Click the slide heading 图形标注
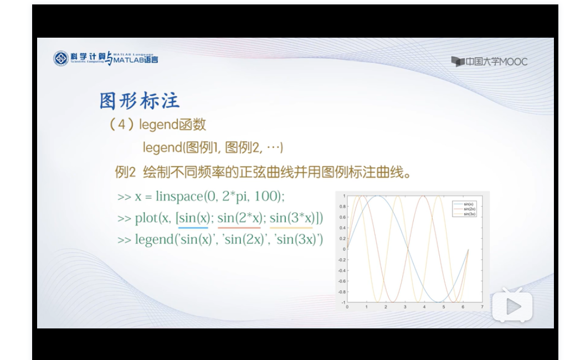coord(140,101)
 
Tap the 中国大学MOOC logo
coord(489,61)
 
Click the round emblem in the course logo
coord(61,59)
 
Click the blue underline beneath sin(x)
coord(193,227)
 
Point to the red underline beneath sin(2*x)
coord(239,227)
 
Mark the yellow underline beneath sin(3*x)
coord(291,227)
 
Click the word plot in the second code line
coord(146,218)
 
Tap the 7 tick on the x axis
coord(482,306)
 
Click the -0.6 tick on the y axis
coord(341,281)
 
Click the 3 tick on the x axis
coord(405,306)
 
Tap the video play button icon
coord(512,306)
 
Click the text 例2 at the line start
coord(125,172)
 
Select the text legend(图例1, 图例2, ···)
coord(213,148)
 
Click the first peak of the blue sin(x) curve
coord(377,196)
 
